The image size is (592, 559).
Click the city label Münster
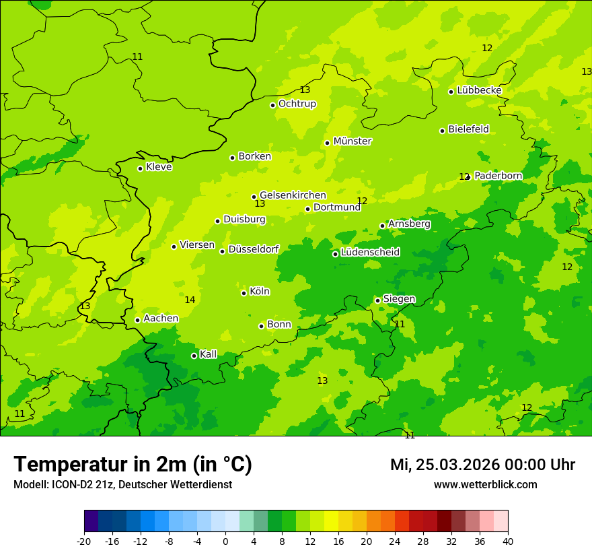coord(352,141)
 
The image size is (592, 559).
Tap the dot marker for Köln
coord(244,293)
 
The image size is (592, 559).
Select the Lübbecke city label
coord(479,90)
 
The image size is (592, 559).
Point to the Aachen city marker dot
coord(137,320)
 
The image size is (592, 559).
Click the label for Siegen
coord(399,299)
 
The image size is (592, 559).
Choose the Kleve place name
coord(159,167)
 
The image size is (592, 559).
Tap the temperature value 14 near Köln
coord(190,300)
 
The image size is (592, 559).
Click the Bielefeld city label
coord(468,129)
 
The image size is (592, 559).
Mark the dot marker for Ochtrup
coord(272,105)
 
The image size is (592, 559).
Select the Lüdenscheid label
coord(370,253)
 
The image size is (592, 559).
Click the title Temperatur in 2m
coord(133,464)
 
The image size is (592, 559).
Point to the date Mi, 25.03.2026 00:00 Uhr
coord(482,465)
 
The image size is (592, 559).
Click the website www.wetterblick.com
coord(485,485)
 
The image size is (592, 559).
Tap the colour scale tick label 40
coord(507,541)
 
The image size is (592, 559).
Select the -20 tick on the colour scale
coord(84,541)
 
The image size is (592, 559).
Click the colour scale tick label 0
coord(225,541)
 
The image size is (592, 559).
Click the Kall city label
coord(209,354)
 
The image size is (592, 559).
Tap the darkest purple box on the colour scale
coord(91,521)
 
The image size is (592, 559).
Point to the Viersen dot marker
coord(174,246)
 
